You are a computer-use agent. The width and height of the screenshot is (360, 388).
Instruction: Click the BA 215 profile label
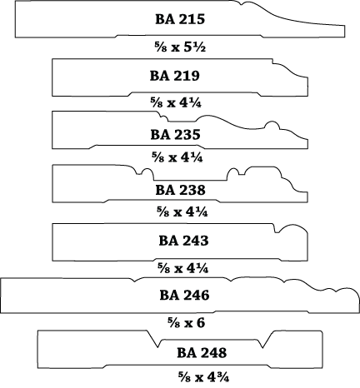point(180,19)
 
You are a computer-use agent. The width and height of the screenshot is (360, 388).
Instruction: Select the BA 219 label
point(175,76)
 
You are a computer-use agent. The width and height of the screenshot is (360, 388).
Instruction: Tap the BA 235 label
point(175,135)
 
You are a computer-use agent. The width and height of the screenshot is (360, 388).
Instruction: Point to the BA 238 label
point(180,190)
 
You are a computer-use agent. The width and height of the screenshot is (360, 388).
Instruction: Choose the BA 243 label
point(183,241)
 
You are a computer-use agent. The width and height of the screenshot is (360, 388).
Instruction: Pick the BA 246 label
point(184,295)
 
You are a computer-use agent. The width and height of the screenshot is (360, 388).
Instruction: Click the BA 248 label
point(202,353)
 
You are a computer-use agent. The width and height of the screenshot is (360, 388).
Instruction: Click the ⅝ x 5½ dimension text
point(180,47)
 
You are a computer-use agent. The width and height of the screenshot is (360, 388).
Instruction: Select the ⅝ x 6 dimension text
point(186,323)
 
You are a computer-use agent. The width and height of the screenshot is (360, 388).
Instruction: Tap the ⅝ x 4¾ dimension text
point(203,377)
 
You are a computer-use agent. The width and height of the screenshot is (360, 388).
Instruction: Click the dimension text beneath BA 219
point(176,103)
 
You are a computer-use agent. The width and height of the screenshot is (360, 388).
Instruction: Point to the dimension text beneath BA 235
point(177,157)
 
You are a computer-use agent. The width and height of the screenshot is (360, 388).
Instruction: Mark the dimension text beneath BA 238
point(182,212)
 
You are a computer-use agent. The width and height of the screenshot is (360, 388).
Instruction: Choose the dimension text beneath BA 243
point(182,268)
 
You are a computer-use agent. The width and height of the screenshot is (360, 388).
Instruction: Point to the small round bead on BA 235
point(272,125)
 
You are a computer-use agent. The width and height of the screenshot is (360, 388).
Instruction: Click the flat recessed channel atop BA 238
point(190,180)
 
